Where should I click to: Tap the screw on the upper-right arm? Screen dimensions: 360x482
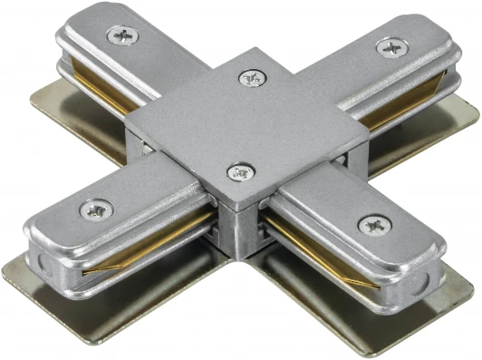pyautogui.click(x=390, y=46)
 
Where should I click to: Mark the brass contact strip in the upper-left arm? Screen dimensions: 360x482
pyautogui.click(x=100, y=87)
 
